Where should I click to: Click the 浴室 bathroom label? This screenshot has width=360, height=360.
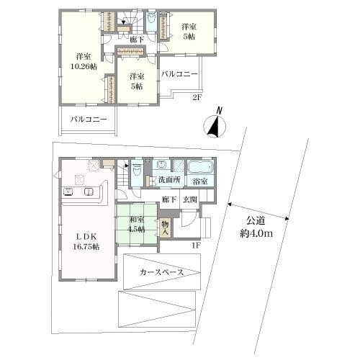[x=200, y=181]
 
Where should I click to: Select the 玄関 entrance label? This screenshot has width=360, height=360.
[x=190, y=199]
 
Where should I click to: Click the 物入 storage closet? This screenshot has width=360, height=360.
[x=166, y=228]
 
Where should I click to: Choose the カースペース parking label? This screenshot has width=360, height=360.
[x=160, y=271]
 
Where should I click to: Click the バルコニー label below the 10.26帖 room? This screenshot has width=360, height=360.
[x=85, y=120]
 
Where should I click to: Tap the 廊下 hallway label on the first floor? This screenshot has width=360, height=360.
[x=168, y=199]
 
